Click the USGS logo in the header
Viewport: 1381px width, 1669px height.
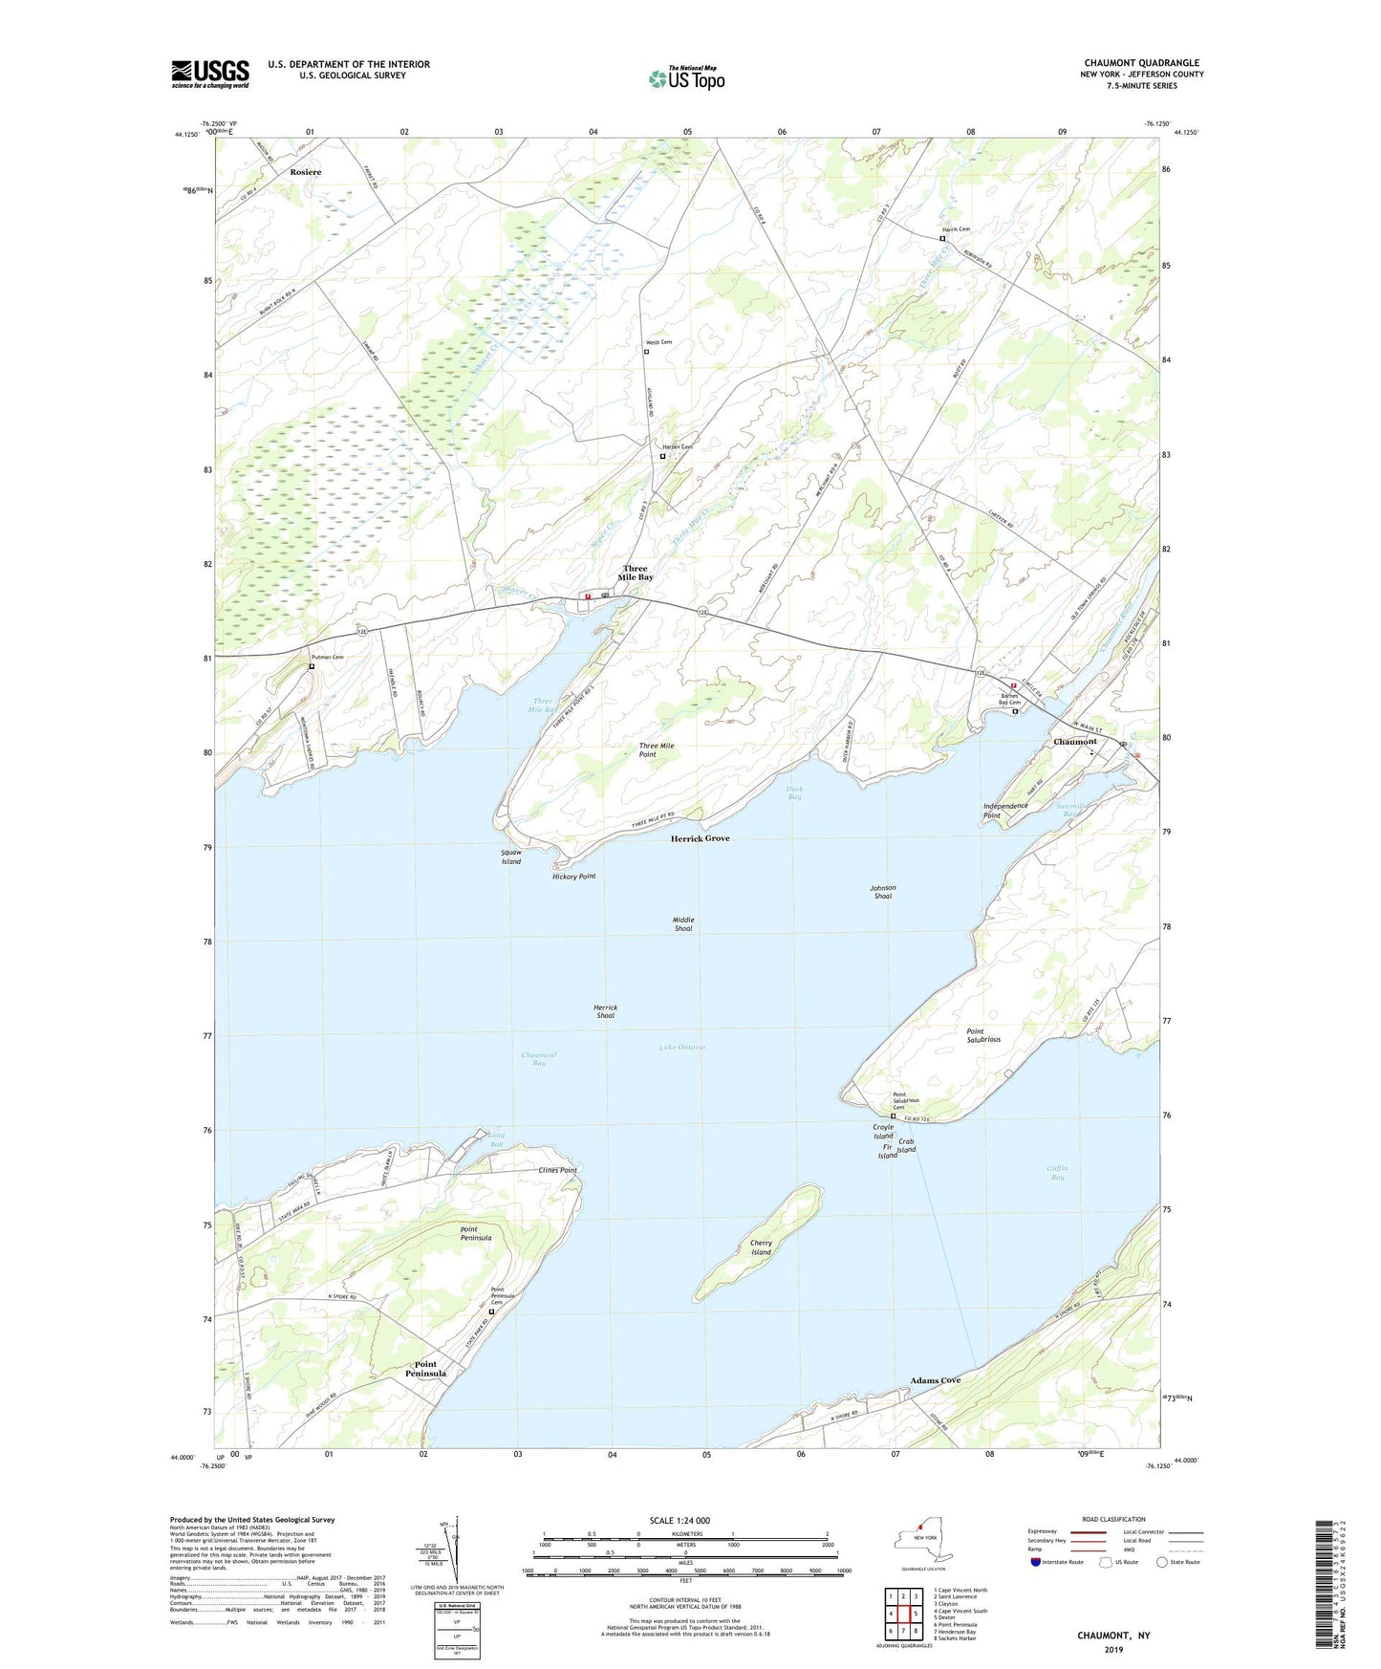(210, 73)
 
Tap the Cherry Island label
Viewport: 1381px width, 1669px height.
(761, 1247)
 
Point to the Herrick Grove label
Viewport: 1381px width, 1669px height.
(700, 838)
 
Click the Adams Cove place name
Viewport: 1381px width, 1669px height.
(935, 1380)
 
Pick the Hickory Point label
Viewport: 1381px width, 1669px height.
(573, 877)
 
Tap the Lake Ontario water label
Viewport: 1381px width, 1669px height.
(682, 1048)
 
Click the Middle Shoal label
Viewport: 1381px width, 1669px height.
(683, 923)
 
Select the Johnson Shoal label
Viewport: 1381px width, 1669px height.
(882, 892)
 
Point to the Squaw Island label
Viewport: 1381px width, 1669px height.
(511, 856)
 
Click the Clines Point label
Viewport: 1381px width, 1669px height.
(558, 1170)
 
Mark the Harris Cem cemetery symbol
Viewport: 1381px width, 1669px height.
(942, 239)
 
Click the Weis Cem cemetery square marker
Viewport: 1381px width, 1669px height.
(646, 352)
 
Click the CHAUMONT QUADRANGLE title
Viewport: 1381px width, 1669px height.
(1141, 63)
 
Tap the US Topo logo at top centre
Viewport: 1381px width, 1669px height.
(686, 77)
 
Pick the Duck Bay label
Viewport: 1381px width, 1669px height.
(794, 792)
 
